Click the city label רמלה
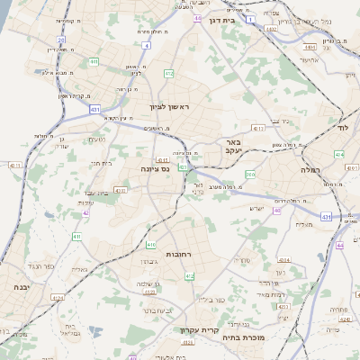point(322,169)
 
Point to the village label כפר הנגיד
point(43,266)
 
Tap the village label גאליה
point(78,269)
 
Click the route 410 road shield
point(150,244)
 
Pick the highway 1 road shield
point(250,18)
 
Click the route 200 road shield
point(250,175)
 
